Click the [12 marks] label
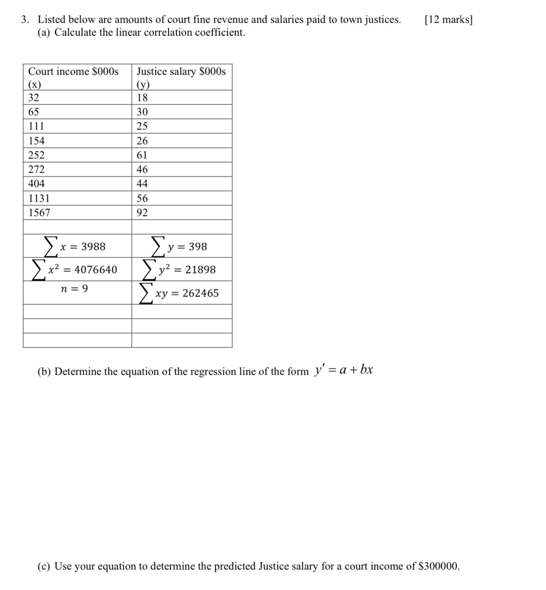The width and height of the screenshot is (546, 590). pyautogui.click(x=448, y=20)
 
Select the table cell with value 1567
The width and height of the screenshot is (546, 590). pyautogui.click(x=39, y=213)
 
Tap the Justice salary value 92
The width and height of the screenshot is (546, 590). pyautogui.click(x=142, y=213)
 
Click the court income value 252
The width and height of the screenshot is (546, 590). pyautogui.click(x=36, y=155)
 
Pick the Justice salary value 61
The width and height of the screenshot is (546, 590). pyautogui.click(x=142, y=155)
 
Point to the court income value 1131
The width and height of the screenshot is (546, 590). pyautogui.click(x=39, y=198)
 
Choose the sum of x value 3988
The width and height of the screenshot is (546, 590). pyautogui.click(x=93, y=247)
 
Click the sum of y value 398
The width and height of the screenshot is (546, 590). pyautogui.click(x=198, y=247)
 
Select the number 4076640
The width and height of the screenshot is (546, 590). pyautogui.click(x=96, y=270)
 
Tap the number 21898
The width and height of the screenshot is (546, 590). pyautogui.click(x=200, y=270)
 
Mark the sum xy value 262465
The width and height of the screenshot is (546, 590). pyautogui.click(x=201, y=293)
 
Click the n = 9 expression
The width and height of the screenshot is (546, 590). pyautogui.click(x=75, y=289)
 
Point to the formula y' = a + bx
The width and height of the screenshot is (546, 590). pyautogui.click(x=343, y=370)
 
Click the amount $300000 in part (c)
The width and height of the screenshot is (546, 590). pyautogui.click(x=439, y=566)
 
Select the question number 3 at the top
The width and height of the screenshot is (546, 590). pyautogui.click(x=25, y=20)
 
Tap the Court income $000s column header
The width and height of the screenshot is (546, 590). pyautogui.click(x=73, y=72)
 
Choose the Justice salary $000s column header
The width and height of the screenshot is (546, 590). pyautogui.click(x=181, y=72)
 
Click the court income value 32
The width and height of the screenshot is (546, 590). pyautogui.click(x=34, y=98)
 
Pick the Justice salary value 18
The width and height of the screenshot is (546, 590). pyautogui.click(x=142, y=98)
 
